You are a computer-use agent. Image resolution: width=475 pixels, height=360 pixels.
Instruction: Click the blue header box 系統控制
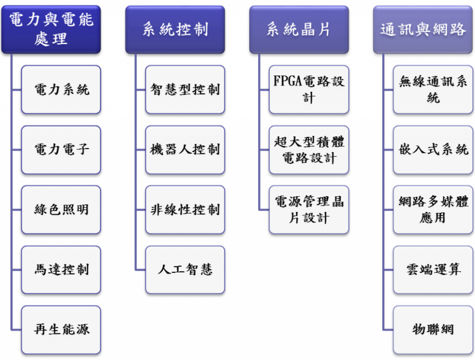tap(175, 29)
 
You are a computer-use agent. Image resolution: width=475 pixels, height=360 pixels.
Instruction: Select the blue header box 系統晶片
tap(299, 29)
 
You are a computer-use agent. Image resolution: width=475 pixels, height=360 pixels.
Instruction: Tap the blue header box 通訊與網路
tap(423, 29)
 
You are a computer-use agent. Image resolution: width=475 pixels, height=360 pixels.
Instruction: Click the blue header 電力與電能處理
tap(51, 29)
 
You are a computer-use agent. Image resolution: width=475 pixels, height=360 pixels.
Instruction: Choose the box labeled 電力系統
tap(61, 90)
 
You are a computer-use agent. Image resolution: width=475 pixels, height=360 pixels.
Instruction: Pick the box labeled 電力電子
tap(61, 149)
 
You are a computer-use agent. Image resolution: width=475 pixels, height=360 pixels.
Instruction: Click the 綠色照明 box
tap(61, 210)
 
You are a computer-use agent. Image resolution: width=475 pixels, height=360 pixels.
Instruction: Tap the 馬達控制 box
tap(61, 270)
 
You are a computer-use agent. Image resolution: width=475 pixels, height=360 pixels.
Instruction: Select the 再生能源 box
tap(61, 329)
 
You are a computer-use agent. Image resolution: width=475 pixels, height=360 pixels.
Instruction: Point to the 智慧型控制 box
tap(185, 90)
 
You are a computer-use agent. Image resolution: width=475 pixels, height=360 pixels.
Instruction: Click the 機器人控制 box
tap(185, 149)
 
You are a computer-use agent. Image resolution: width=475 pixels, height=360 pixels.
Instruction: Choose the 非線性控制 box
tap(185, 210)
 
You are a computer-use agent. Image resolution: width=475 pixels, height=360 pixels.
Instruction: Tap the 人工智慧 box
tap(185, 270)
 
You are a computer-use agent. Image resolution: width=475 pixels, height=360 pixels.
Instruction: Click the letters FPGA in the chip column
tap(287, 82)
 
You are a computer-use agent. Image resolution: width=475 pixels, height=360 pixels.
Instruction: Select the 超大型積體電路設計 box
tap(309, 149)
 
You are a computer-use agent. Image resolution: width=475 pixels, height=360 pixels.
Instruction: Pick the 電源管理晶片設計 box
tap(309, 210)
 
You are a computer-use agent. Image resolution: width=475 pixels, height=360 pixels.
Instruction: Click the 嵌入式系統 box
tap(433, 149)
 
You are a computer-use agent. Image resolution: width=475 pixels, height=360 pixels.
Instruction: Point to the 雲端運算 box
tap(433, 270)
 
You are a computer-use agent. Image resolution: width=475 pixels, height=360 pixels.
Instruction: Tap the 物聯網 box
tap(433, 329)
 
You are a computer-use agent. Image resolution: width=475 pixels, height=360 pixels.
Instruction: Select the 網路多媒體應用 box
tap(433, 210)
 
